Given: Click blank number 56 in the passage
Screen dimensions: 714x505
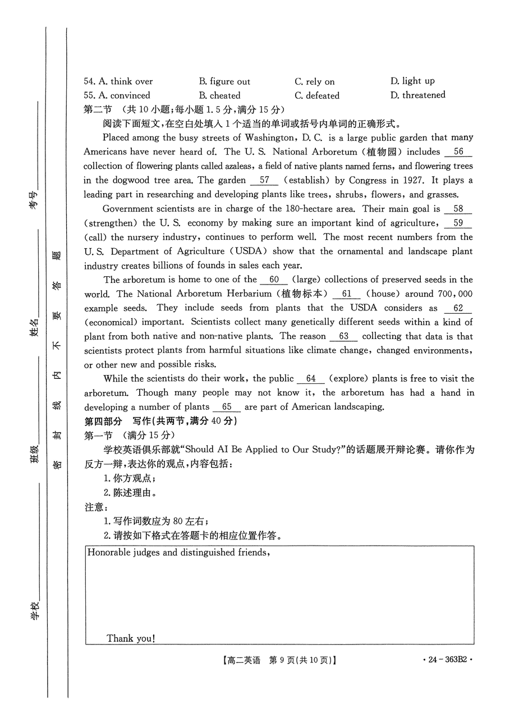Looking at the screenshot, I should point(458,152).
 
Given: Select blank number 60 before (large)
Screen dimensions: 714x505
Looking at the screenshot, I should point(274,280).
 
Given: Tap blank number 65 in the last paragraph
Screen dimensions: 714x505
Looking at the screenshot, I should point(227,407).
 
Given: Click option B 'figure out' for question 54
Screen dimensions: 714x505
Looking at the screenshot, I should point(224,81).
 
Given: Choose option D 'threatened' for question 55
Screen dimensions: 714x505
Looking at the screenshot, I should point(417,95).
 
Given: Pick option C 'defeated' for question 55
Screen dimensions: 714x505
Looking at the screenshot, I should point(317,95).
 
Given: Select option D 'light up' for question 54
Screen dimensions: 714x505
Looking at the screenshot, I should point(412,81).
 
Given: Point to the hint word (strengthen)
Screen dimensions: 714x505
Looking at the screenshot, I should point(112,223).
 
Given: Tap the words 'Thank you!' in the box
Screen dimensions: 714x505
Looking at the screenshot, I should point(131,638).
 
